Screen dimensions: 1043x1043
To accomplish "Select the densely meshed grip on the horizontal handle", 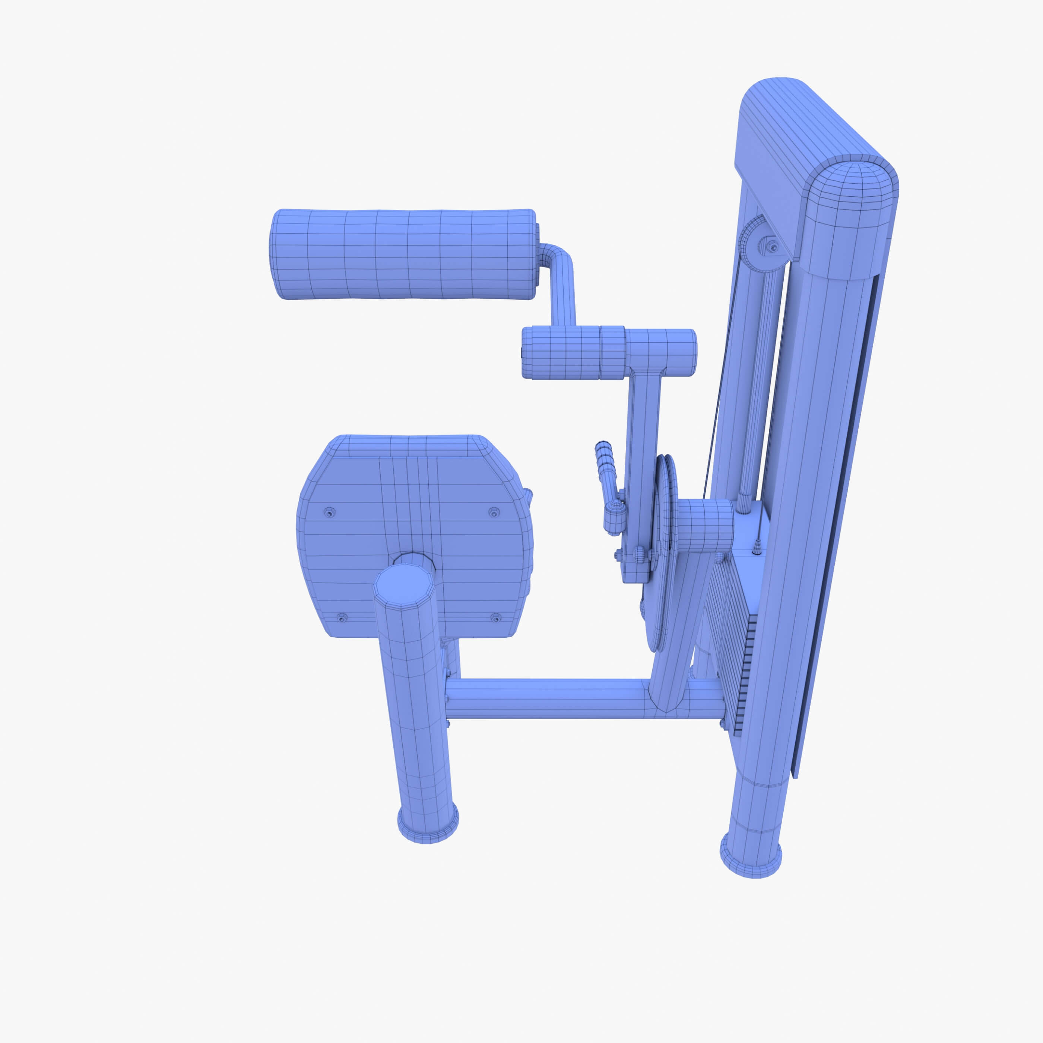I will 561,352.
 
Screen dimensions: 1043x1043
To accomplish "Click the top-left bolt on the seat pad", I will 329,511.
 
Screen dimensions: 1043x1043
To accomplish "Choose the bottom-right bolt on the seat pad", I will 495,618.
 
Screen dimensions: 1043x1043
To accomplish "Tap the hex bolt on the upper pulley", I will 774,247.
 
